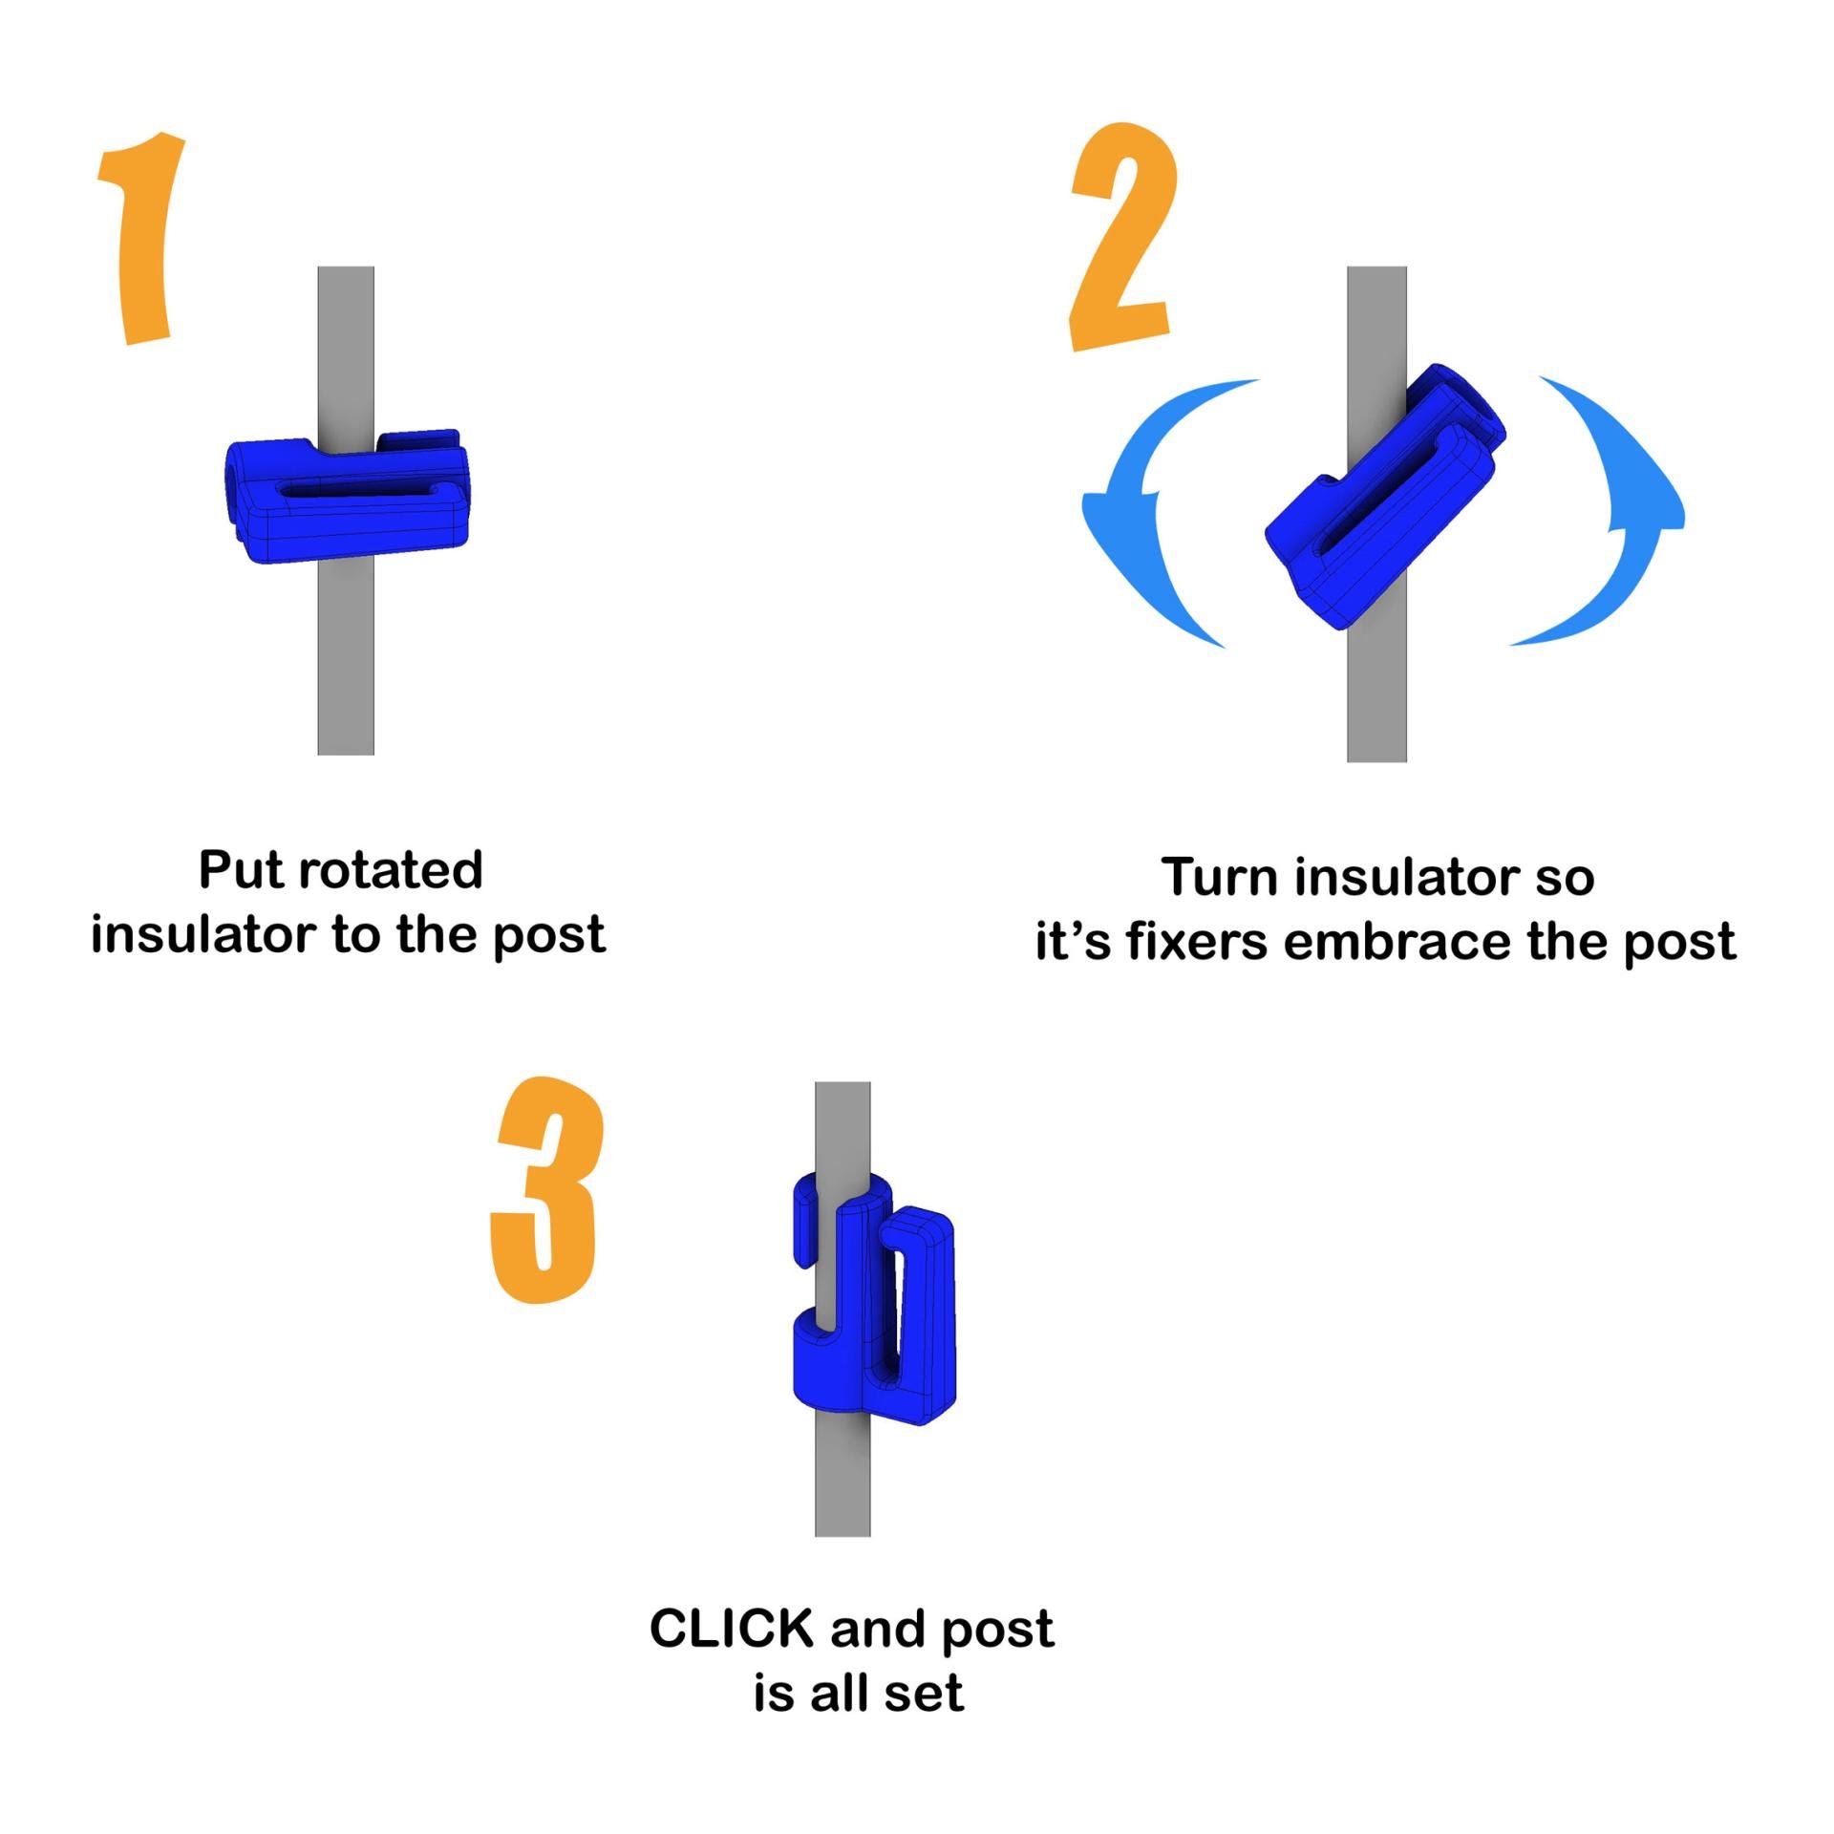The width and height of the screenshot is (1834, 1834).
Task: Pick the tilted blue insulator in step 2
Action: point(1385,497)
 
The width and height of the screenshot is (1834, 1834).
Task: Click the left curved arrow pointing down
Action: point(1146,516)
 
